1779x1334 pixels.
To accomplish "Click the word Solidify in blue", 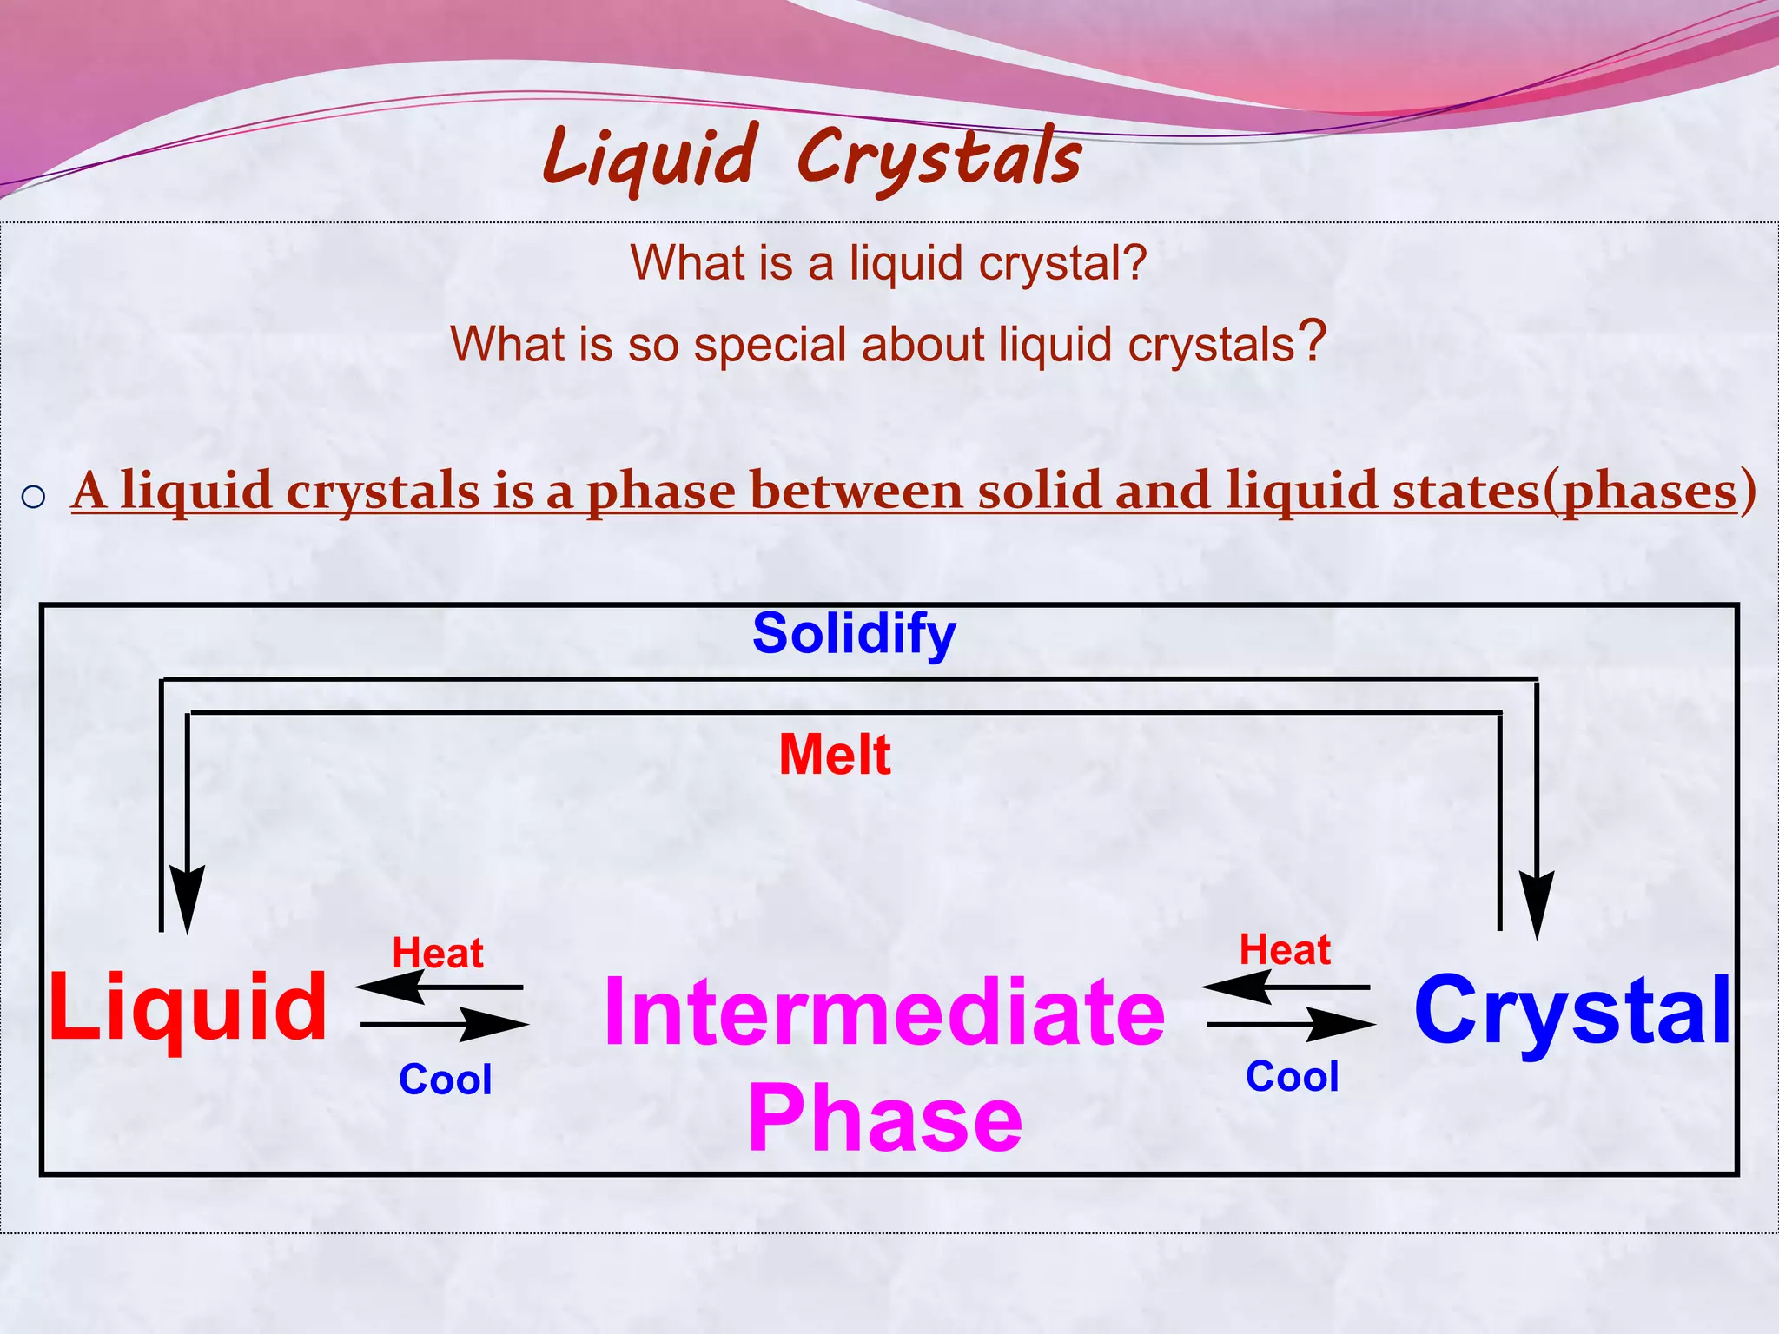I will coord(854,635).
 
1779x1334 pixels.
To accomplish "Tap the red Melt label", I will coord(834,754).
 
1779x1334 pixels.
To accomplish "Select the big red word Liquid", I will coord(188,1007).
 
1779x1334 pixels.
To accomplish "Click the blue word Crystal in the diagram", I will coord(1572,1010).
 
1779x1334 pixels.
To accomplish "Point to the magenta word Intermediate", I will coord(883,1012).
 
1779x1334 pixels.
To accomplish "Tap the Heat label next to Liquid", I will coord(437,953).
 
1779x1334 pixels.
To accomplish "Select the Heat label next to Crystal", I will coord(1284,949).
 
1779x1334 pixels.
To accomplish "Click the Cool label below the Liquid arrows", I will coord(445,1080).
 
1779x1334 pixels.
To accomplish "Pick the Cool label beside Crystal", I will coord(1292,1077).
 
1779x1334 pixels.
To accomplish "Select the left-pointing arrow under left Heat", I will coord(438,987).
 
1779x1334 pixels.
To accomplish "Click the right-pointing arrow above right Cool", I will coord(1292,1025).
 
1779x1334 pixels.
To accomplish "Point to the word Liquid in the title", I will coord(650,158).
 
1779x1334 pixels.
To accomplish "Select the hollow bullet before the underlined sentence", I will coord(33,497).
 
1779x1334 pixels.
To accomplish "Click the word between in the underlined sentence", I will coord(856,492).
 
